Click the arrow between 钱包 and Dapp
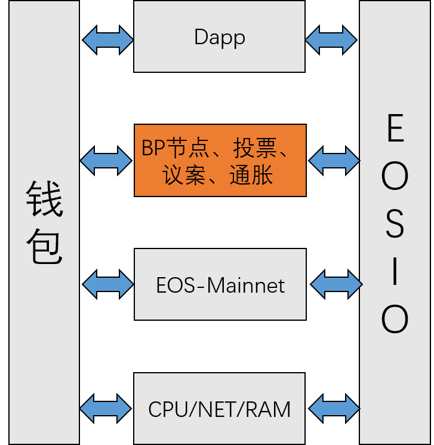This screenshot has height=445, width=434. [x=107, y=40]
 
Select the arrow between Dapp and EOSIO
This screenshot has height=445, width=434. [x=331, y=40]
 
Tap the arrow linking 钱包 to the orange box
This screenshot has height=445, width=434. [x=106, y=160]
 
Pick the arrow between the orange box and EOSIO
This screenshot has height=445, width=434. [x=334, y=160]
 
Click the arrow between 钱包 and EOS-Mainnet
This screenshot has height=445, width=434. [x=107, y=284]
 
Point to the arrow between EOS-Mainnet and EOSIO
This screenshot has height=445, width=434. [x=336, y=284]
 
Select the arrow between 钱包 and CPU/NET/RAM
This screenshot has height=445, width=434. [x=106, y=409]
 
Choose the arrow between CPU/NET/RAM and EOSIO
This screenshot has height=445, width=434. [x=334, y=409]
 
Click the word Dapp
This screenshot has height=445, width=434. [x=219, y=38]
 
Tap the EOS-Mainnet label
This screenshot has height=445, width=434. [x=220, y=285]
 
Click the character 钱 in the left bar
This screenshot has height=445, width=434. [x=44, y=200]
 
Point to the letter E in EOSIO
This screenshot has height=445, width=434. [x=395, y=129]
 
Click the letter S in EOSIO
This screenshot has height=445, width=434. [x=395, y=225]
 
